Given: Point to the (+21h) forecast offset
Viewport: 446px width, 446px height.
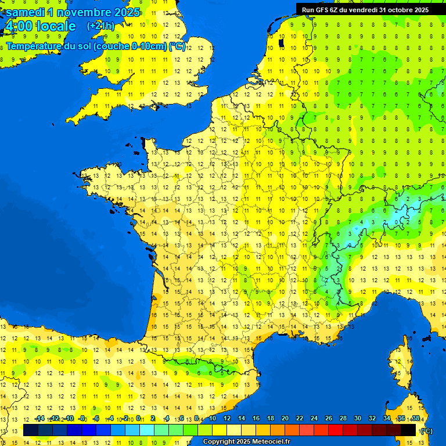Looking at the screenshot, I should (100, 26).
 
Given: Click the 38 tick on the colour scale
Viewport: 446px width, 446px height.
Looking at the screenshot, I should (415, 419).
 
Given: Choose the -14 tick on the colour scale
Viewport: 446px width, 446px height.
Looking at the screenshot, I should (39, 419).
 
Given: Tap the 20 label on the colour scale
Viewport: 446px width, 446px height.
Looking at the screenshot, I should (285, 419).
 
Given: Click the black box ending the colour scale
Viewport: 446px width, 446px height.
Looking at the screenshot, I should (408, 430).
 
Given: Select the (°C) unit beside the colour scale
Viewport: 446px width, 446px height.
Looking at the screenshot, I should (426, 431).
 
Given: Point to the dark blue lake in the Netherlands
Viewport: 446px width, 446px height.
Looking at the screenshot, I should (282, 42).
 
